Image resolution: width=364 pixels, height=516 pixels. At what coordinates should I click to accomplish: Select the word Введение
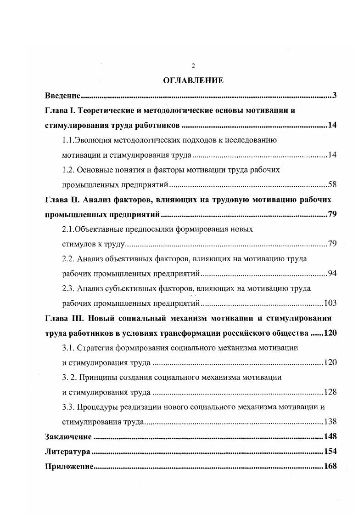pos(62,96)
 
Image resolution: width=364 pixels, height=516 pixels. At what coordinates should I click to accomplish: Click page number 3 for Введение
pos(335,96)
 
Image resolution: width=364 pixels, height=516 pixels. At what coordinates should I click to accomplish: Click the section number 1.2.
pos(68,170)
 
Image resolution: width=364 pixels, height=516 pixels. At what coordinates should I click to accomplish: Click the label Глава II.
pos(62,200)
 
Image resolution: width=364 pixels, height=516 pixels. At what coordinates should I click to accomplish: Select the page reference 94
pos(332,274)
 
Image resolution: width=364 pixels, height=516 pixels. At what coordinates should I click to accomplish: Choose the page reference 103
pos(330,303)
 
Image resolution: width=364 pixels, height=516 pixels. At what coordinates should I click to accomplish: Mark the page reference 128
pos(330,392)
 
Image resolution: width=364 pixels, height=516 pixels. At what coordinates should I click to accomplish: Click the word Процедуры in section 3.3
pos(99,407)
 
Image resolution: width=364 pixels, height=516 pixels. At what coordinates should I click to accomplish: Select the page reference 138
pos(330,422)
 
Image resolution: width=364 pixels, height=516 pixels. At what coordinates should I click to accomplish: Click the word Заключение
pos(68,436)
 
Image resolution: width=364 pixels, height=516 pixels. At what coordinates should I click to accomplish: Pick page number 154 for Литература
pos(330,452)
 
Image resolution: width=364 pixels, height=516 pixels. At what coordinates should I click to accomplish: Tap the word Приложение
pos(69,466)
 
